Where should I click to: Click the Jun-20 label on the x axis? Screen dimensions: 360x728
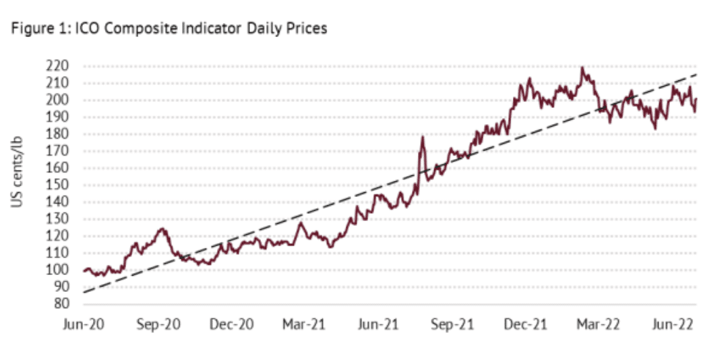(84, 324)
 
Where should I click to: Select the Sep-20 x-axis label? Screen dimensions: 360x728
(159, 324)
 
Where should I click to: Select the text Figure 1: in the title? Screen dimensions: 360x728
(35, 30)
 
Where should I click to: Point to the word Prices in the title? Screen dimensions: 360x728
(309, 30)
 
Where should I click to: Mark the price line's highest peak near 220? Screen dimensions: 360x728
(582, 67)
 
